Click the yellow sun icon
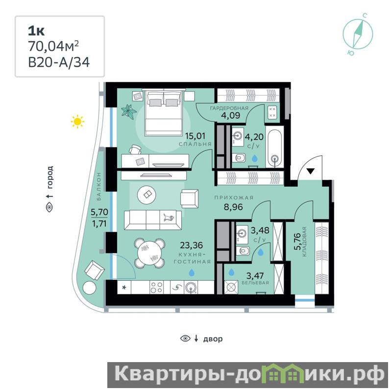click(77, 122)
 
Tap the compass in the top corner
click(358, 34)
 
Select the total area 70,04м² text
click(53, 46)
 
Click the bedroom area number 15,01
click(195, 136)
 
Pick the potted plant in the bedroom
click(129, 110)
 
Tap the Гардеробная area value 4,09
click(230, 115)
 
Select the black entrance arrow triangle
click(310, 171)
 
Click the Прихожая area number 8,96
click(233, 207)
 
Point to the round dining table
click(149, 253)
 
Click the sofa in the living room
click(153, 220)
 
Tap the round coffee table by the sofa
click(147, 194)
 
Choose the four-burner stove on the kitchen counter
click(156, 287)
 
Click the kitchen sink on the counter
click(191, 287)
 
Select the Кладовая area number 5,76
click(297, 242)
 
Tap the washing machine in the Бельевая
click(231, 287)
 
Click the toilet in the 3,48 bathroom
click(243, 251)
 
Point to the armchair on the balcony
click(95, 271)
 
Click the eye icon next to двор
click(185, 339)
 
